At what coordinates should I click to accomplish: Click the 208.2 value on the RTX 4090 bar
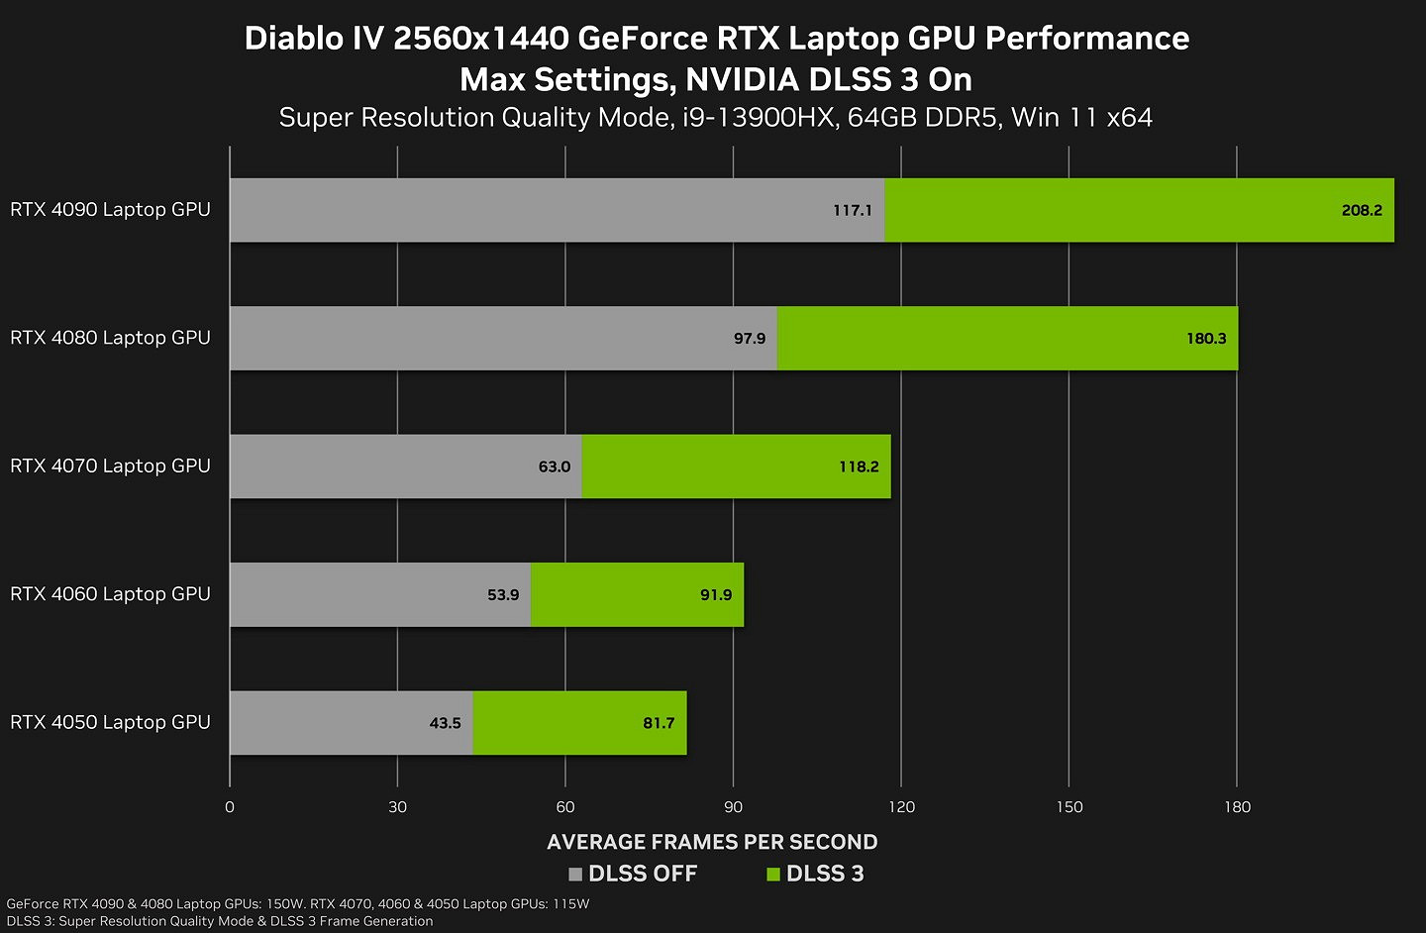(x=1361, y=210)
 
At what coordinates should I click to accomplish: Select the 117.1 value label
(x=852, y=210)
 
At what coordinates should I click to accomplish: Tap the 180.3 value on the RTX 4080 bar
(x=1205, y=339)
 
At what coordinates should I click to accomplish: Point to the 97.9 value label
(x=749, y=339)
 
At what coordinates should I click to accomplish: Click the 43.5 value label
(x=445, y=723)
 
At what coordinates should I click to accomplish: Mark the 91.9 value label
(x=715, y=594)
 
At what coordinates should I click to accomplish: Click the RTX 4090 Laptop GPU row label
(x=110, y=210)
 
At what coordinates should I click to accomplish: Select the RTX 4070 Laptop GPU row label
(x=110, y=466)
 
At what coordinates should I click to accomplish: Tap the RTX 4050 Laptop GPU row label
(x=110, y=722)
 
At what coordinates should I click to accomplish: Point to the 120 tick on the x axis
(x=901, y=807)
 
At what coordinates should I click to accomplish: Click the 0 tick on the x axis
(x=230, y=807)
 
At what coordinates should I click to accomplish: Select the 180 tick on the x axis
(x=1237, y=807)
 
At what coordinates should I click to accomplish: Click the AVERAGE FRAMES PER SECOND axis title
(x=712, y=842)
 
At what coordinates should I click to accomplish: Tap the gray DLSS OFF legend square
(x=575, y=875)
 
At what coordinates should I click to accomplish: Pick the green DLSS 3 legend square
(x=773, y=875)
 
